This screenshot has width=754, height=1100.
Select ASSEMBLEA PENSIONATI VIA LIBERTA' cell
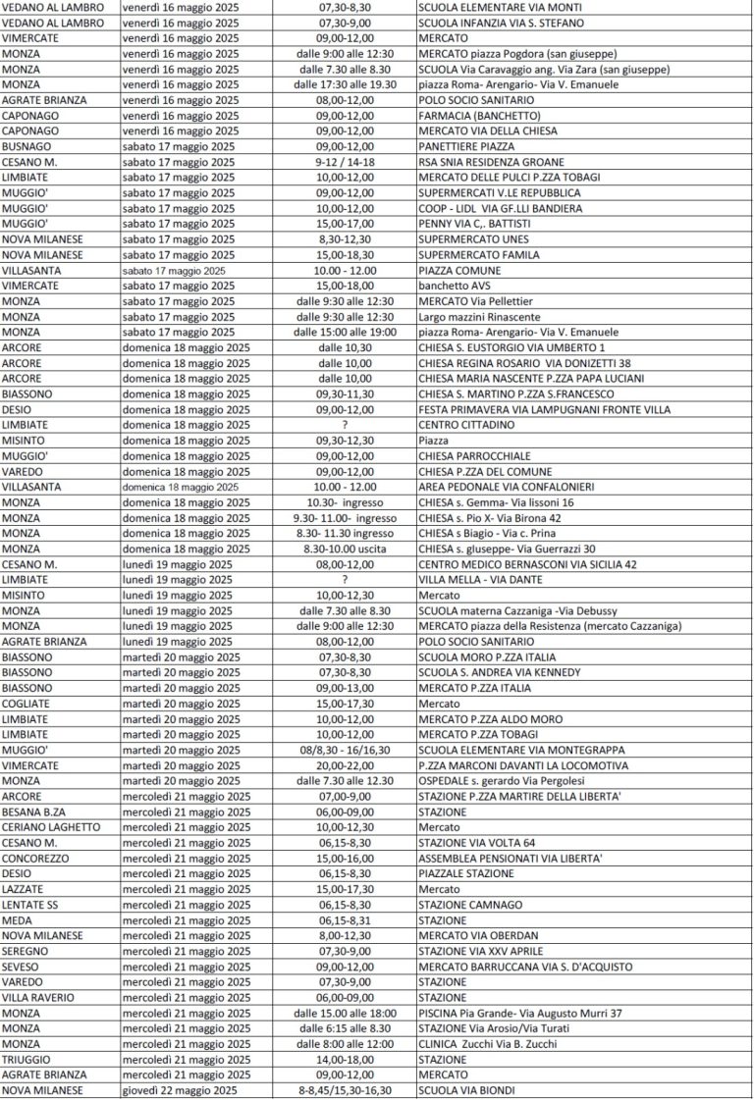511,858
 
